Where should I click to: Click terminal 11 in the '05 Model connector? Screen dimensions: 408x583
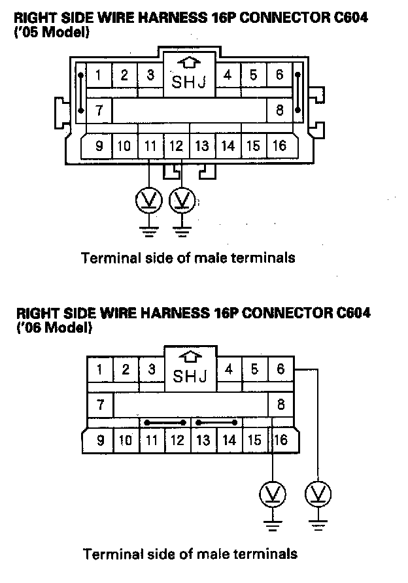point(150,146)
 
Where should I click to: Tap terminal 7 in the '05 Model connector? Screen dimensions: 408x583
point(99,110)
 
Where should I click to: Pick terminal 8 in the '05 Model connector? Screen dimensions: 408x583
point(279,110)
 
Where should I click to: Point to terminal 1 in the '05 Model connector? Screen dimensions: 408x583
point(99,75)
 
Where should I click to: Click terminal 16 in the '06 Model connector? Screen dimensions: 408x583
point(281,440)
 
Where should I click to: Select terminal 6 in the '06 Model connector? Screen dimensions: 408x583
point(280,370)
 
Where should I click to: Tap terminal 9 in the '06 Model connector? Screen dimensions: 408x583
point(100,440)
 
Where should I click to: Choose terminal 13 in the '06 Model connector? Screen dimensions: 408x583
point(203,440)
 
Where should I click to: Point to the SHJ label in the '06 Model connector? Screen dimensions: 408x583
point(190,377)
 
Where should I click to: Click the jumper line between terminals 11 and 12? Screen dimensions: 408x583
point(163,422)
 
